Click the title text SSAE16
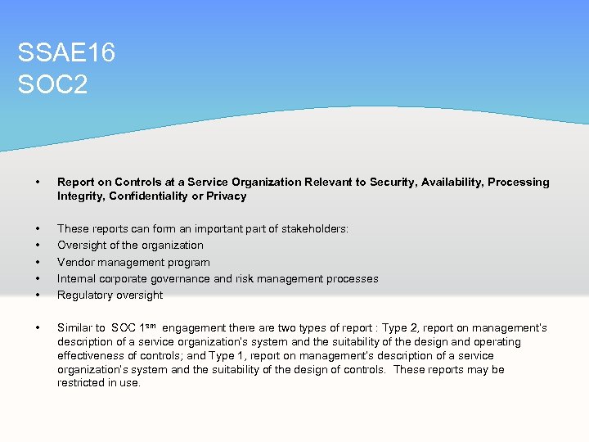(x=66, y=54)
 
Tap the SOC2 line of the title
(x=52, y=84)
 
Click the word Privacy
(x=228, y=196)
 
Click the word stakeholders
(x=314, y=228)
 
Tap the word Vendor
(x=74, y=262)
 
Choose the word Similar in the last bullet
(x=74, y=327)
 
